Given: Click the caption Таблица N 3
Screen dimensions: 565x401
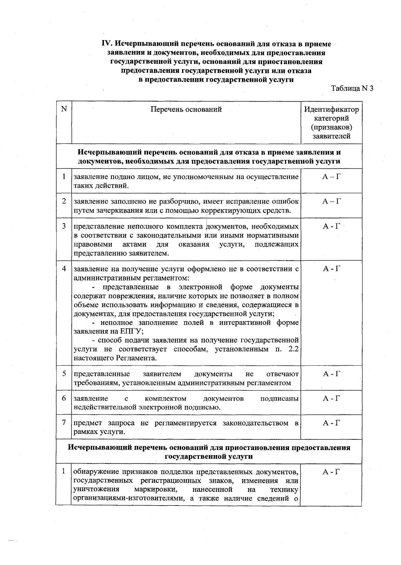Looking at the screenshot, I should (352, 89).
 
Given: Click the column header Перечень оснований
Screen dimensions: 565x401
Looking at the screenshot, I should (186, 110).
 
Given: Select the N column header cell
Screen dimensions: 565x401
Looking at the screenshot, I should (64, 109).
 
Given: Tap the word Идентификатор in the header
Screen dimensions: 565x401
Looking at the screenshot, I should (331, 110).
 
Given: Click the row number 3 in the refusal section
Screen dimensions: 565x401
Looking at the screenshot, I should (64, 226).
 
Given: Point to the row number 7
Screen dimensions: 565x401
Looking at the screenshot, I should (64, 423).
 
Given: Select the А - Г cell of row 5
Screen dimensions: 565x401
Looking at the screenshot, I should (331, 374).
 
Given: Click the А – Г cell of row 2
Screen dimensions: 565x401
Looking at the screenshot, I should (331, 201).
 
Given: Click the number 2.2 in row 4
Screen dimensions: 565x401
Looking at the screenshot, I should (293, 349).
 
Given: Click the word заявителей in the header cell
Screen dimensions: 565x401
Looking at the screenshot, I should (331, 136).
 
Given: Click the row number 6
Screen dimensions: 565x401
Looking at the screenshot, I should (64, 398).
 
